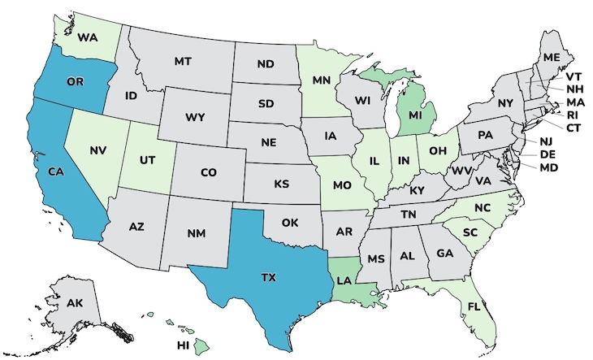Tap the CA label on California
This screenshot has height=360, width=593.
[55, 171]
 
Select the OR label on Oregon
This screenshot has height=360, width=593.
[75, 82]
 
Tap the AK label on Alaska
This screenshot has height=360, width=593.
[75, 303]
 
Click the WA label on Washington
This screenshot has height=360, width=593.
[89, 37]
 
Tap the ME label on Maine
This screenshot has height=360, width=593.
[552, 58]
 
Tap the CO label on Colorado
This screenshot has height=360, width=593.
[208, 172]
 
